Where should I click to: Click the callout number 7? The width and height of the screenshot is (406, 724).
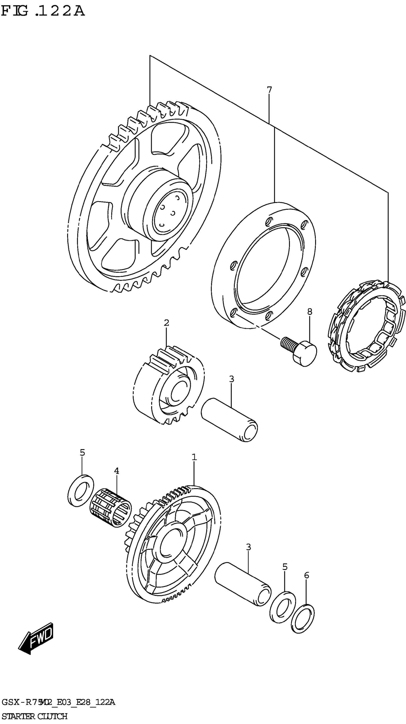click(x=269, y=90)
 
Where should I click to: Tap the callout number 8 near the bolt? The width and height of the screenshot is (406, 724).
click(x=309, y=312)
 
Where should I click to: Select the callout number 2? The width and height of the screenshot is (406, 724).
click(x=166, y=323)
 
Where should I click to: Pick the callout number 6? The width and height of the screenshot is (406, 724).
click(x=306, y=575)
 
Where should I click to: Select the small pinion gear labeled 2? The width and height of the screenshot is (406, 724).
click(x=168, y=388)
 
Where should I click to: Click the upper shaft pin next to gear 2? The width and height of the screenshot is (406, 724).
click(x=229, y=420)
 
